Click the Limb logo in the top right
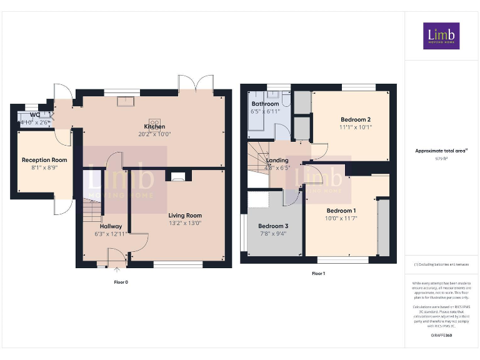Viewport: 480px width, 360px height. click(x=441, y=36)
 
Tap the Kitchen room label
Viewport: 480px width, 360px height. click(x=154, y=126)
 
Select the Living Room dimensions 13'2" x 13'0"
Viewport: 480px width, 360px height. click(x=184, y=223)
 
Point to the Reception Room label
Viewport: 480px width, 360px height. click(x=44, y=160)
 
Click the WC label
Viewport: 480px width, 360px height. click(x=35, y=115)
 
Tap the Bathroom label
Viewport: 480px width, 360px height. click(x=265, y=104)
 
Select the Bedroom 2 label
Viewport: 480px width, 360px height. click(x=356, y=119)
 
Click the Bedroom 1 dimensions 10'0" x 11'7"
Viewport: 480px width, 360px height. click(x=341, y=218)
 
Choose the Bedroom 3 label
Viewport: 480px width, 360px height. click(x=273, y=226)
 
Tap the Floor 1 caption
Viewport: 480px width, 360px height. click(x=318, y=273)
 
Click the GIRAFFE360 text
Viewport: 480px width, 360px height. click(x=441, y=336)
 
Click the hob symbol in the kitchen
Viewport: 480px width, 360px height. click(x=154, y=122)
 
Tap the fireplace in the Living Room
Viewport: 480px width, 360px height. click(x=178, y=176)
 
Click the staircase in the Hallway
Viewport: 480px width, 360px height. click(x=91, y=210)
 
